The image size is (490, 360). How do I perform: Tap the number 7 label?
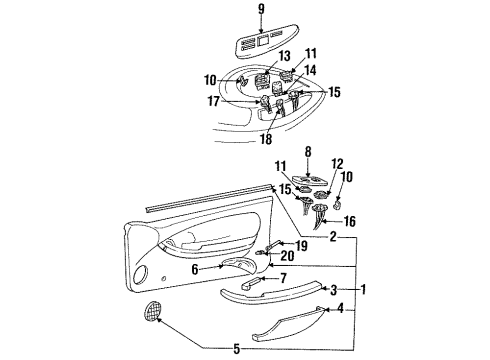point(283,277)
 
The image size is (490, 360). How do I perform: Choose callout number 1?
point(366,290)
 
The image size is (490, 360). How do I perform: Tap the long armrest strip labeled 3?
point(268,291)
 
